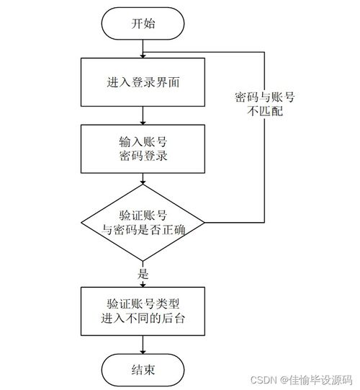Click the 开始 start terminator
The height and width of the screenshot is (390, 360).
point(144,23)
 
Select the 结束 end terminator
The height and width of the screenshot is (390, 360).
point(144,370)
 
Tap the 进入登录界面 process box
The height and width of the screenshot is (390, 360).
point(144,82)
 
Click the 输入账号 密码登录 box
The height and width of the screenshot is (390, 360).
point(144,148)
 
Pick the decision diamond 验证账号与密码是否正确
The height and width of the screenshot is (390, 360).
point(144,222)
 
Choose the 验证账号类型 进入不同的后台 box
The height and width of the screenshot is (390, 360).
point(144,311)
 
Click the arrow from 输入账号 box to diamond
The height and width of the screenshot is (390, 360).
point(144,179)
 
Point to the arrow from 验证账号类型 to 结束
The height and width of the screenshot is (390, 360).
point(144,344)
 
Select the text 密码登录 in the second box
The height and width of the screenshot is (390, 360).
point(144,156)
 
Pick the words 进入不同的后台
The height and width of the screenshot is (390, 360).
point(144,319)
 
